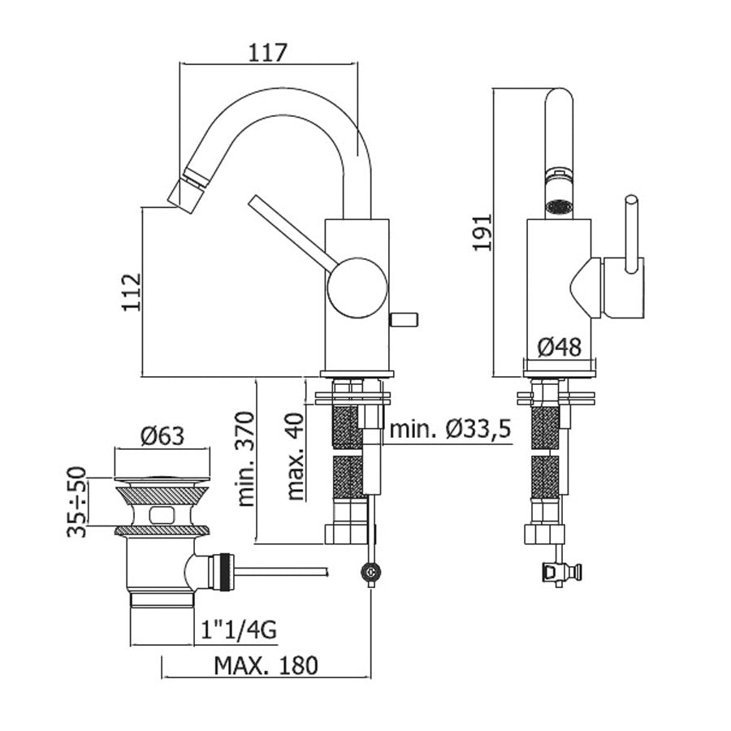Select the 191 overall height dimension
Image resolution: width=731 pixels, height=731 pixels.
click(x=483, y=233)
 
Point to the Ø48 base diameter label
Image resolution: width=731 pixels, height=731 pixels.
click(x=560, y=347)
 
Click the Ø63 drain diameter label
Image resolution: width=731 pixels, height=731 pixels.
click(x=162, y=436)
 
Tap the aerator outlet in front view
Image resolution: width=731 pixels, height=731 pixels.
click(x=558, y=205)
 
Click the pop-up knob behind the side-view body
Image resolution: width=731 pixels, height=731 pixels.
click(x=404, y=317)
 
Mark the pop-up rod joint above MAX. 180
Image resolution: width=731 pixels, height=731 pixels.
click(x=371, y=574)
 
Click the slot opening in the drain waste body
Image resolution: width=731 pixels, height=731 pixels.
click(x=163, y=513)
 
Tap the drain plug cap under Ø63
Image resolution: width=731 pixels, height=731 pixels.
click(x=161, y=467)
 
